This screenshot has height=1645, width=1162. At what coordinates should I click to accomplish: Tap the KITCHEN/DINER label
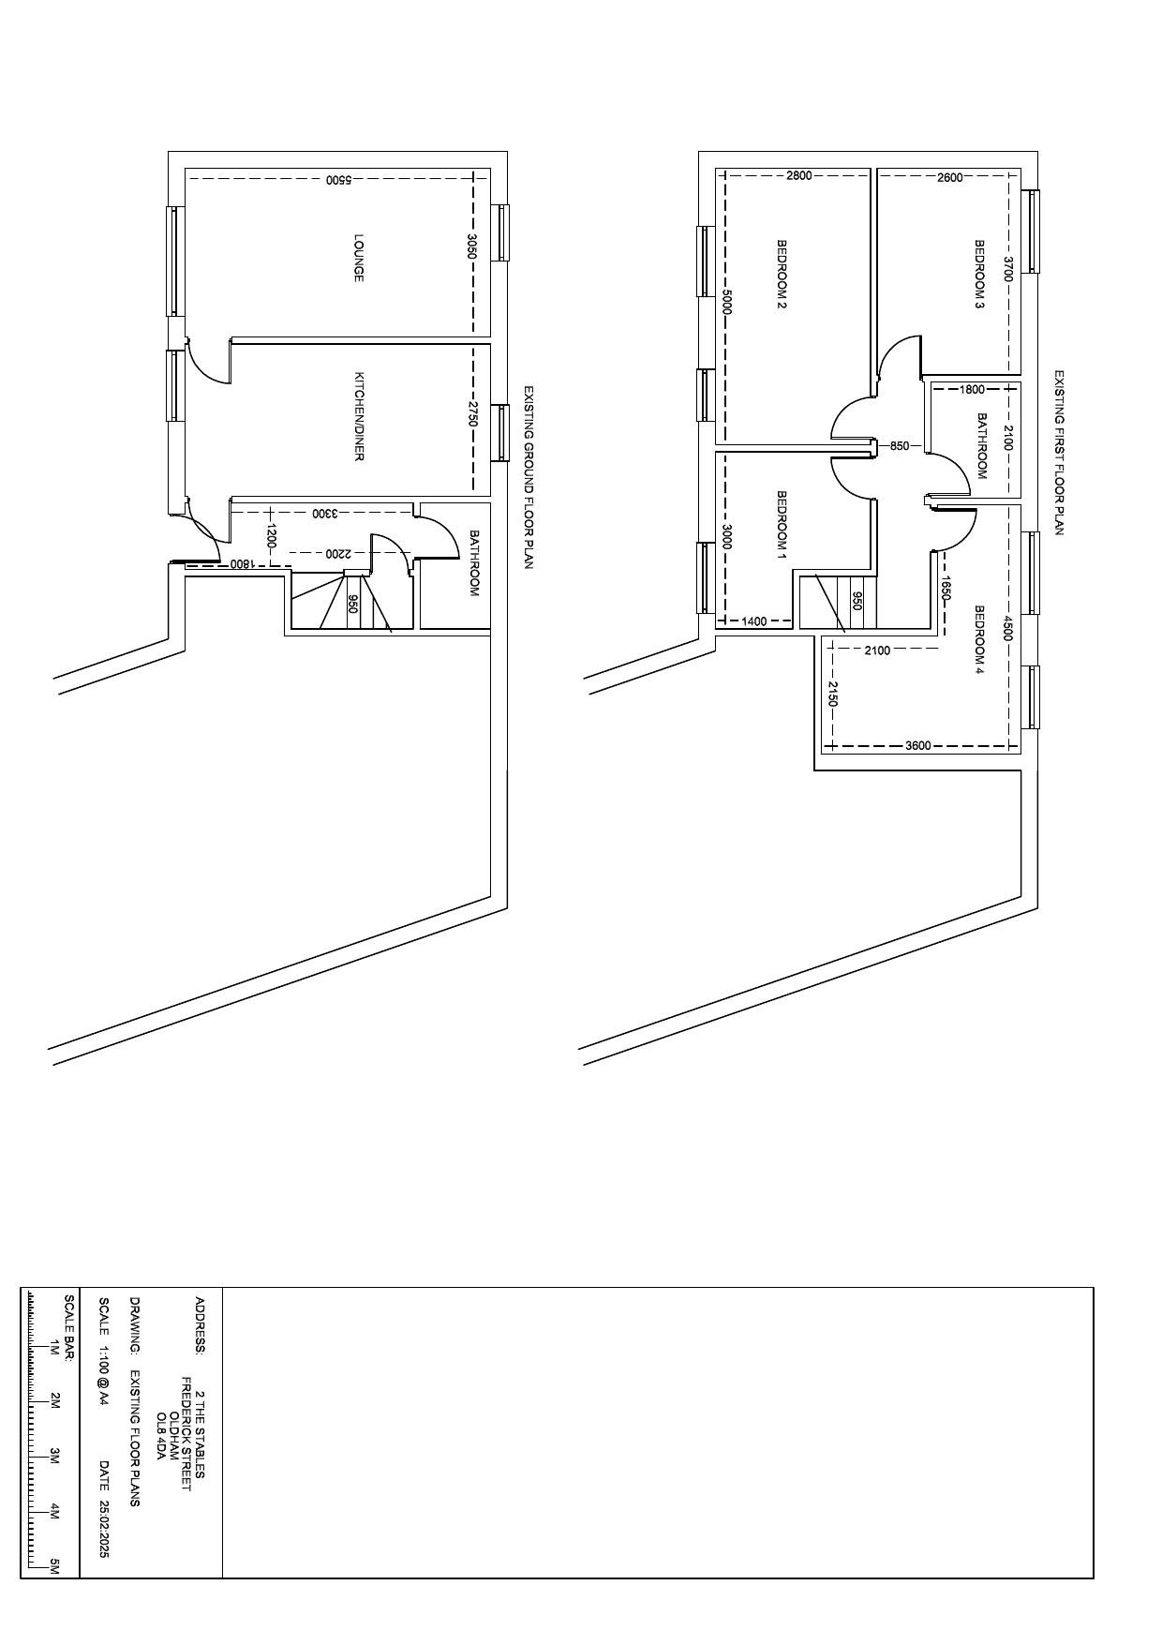pos(358,417)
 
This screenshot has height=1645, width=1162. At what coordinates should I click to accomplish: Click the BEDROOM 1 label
pos(782,525)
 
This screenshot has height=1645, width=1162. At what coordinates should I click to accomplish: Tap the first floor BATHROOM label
pos(982,445)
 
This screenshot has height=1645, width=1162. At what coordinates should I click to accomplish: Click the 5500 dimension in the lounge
pos(338,179)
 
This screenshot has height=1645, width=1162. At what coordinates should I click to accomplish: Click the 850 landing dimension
pos(900,446)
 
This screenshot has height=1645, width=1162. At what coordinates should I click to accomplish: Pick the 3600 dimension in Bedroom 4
pos(918,746)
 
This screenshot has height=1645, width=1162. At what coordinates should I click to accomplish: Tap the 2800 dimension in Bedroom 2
pos(799,175)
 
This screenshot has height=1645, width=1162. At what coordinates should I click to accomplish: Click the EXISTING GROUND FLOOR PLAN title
pos(529,478)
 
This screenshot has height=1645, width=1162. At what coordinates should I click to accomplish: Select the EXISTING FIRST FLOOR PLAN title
pos(1060,453)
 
